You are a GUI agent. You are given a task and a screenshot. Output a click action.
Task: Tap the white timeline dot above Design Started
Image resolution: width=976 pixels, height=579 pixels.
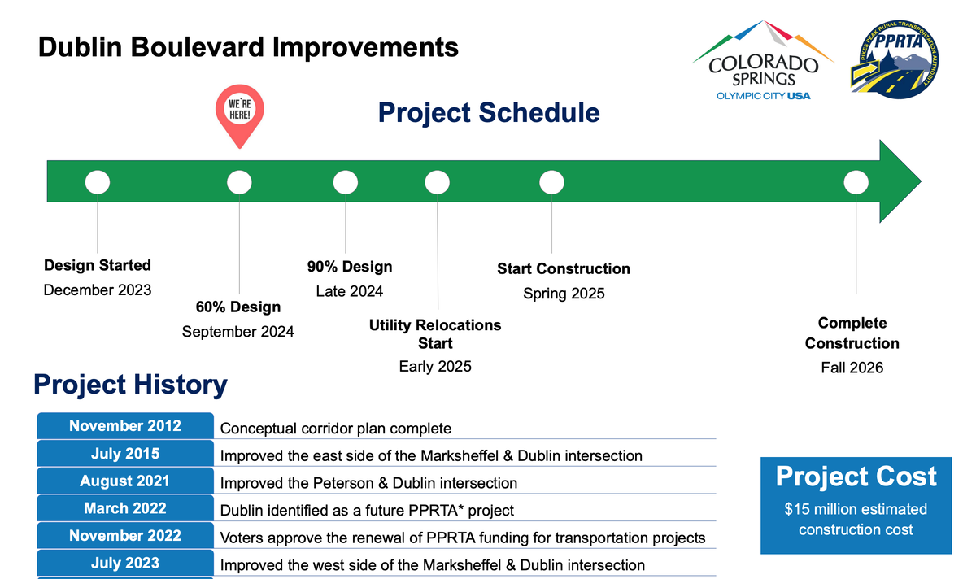[98, 182]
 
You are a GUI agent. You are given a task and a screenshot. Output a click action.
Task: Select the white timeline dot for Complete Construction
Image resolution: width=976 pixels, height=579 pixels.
[856, 182]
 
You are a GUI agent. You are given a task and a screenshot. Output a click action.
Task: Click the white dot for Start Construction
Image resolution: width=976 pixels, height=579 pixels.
[551, 182]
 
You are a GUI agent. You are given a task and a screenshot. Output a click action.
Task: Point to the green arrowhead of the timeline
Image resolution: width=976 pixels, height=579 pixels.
[898, 181]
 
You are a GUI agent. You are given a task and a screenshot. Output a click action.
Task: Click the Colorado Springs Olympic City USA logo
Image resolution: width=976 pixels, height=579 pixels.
[764, 60]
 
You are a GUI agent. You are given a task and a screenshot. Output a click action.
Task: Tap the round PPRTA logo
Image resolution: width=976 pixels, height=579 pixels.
[895, 59]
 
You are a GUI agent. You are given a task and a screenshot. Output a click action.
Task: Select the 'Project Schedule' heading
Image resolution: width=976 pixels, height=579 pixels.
[489, 112]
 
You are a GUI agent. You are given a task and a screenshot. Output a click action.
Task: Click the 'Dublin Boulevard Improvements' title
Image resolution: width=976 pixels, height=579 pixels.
[248, 47]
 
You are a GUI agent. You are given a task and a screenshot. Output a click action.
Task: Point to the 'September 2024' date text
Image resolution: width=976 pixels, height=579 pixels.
[237, 332]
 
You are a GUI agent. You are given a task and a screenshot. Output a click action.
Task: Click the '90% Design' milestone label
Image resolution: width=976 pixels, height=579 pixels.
[350, 267]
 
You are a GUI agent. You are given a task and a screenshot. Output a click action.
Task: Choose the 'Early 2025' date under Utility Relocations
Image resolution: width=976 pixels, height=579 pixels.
[435, 367]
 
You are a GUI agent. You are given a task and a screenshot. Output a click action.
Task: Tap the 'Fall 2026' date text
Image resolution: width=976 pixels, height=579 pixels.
[852, 368]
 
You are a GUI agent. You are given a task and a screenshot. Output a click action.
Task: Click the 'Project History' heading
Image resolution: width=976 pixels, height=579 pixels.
[131, 385]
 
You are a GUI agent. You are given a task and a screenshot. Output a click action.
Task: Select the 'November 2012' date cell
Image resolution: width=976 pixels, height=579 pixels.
[125, 425]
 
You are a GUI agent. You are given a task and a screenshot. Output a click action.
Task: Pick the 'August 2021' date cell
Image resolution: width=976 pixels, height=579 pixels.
[125, 481]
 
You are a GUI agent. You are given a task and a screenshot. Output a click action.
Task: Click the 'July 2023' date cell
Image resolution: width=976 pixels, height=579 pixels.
[125, 563]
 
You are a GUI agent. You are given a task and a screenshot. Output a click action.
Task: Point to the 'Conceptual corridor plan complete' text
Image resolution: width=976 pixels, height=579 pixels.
[335, 429]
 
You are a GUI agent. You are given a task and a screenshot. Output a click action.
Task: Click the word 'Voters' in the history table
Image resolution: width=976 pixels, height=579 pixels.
[242, 538]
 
